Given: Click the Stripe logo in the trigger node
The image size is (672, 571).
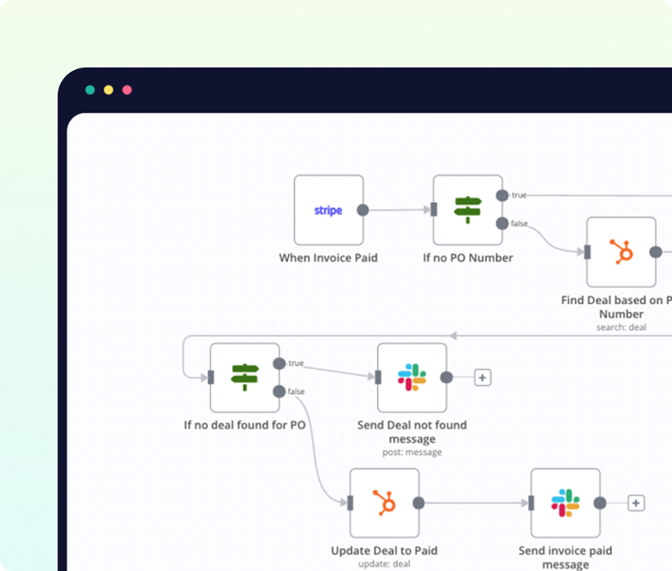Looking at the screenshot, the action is (328, 211).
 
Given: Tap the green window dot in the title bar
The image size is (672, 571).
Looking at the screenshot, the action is (90, 90).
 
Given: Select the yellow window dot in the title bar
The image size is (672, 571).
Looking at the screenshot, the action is (109, 90).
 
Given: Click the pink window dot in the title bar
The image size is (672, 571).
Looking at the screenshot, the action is (127, 90).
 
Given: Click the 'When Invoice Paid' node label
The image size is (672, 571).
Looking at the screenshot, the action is (328, 258).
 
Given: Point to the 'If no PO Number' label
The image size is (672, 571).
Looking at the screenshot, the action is (468, 258).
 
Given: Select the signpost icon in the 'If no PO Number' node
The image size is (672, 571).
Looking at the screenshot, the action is (468, 210).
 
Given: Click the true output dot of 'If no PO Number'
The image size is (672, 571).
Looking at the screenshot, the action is (502, 196).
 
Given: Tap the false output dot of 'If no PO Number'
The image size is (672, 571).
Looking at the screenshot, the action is (502, 223).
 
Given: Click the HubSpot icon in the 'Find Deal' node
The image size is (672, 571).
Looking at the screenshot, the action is (622, 252).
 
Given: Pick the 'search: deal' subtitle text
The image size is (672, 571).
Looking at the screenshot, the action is (621, 327).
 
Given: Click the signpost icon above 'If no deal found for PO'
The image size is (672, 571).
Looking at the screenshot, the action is (245, 377).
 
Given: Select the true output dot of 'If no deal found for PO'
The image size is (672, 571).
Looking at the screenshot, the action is (279, 364).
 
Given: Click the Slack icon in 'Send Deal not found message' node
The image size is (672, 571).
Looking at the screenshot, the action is (412, 377).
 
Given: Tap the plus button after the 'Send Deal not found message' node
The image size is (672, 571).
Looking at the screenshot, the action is (483, 378).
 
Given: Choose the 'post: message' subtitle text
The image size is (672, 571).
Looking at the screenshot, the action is (412, 453).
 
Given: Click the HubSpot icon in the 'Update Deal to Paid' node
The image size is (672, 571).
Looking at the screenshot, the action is (384, 503).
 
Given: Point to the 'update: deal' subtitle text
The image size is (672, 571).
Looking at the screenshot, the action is (384, 564).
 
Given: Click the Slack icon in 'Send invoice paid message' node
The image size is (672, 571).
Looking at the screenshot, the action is (565, 503).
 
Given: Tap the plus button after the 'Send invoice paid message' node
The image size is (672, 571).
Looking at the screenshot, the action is (636, 503).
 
